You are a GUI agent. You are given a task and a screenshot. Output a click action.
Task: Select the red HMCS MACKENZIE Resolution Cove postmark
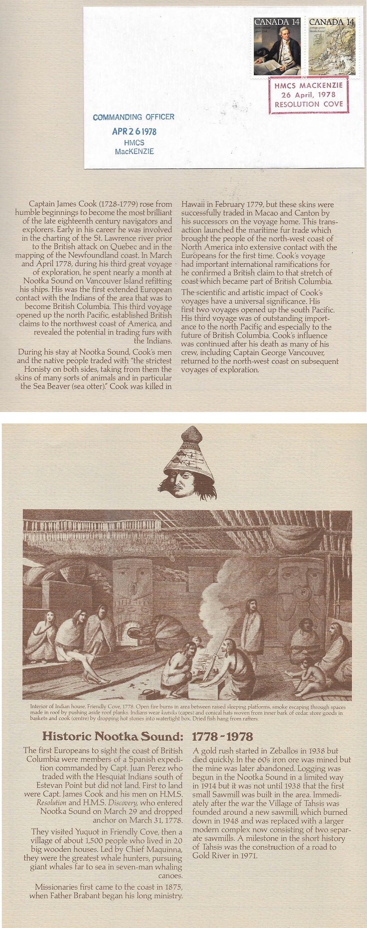pyautogui.click(x=308, y=95)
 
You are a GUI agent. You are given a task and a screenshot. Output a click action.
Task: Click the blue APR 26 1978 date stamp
pyautogui.click(x=134, y=132)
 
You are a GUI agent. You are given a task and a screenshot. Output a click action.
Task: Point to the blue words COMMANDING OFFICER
pyautogui.click(x=133, y=117)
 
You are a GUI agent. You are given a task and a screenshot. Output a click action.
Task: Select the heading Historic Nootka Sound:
pyautogui.click(x=112, y=736)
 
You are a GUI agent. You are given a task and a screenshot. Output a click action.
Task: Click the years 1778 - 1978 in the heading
pyautogui.click(x=222, y=736)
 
